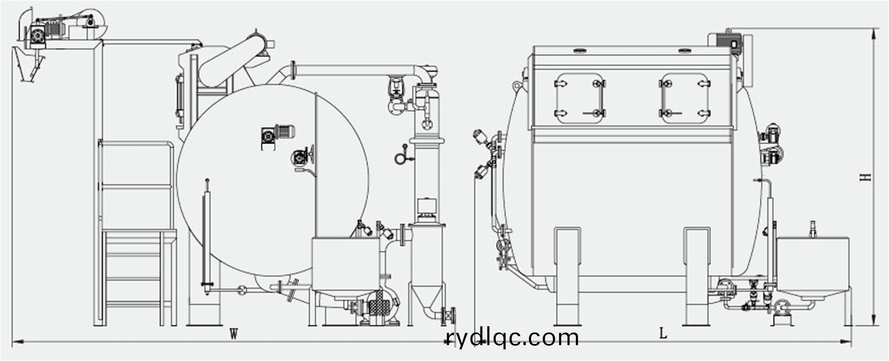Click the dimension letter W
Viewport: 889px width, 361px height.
click(x=233, y=334)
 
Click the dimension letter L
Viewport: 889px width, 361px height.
click(x=663, y=333)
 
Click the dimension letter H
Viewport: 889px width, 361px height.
click(x=865, y=177)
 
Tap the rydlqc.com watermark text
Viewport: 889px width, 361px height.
click(x=512, y=337)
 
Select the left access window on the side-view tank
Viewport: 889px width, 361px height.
click(x=580, y=98)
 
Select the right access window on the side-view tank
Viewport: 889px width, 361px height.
click(x=684, y=98)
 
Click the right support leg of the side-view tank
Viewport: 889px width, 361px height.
click(x=697, y=276)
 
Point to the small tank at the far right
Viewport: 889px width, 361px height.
click(x=813, y=268)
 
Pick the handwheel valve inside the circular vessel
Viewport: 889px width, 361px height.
click(x=304, y=157)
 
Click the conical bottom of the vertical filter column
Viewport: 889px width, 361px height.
click(x=427, y=298)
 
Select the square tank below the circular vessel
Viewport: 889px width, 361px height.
click(x=346, y=264)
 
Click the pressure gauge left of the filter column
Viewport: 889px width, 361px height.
click(x=401, y=157)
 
